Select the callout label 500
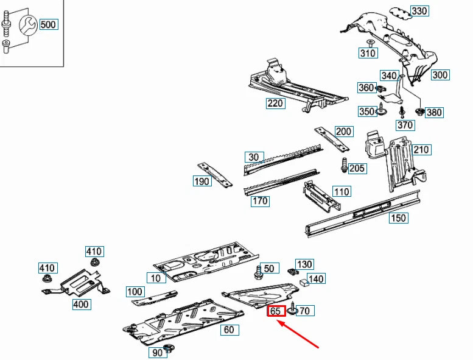click(x=49, y=25)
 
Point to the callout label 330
click(x=419, y=11)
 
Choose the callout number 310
click(x=368, y=53)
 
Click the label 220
click(x=276, y=103)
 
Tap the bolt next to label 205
click(x=344, y=164)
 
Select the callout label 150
click(x=399, y=218)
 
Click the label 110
click(x=342, y=192)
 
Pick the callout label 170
click(x=260, y=201)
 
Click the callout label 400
click(x=80, y=304)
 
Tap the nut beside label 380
click(x=419, y=111)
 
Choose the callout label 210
click(x=421, y=150)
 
